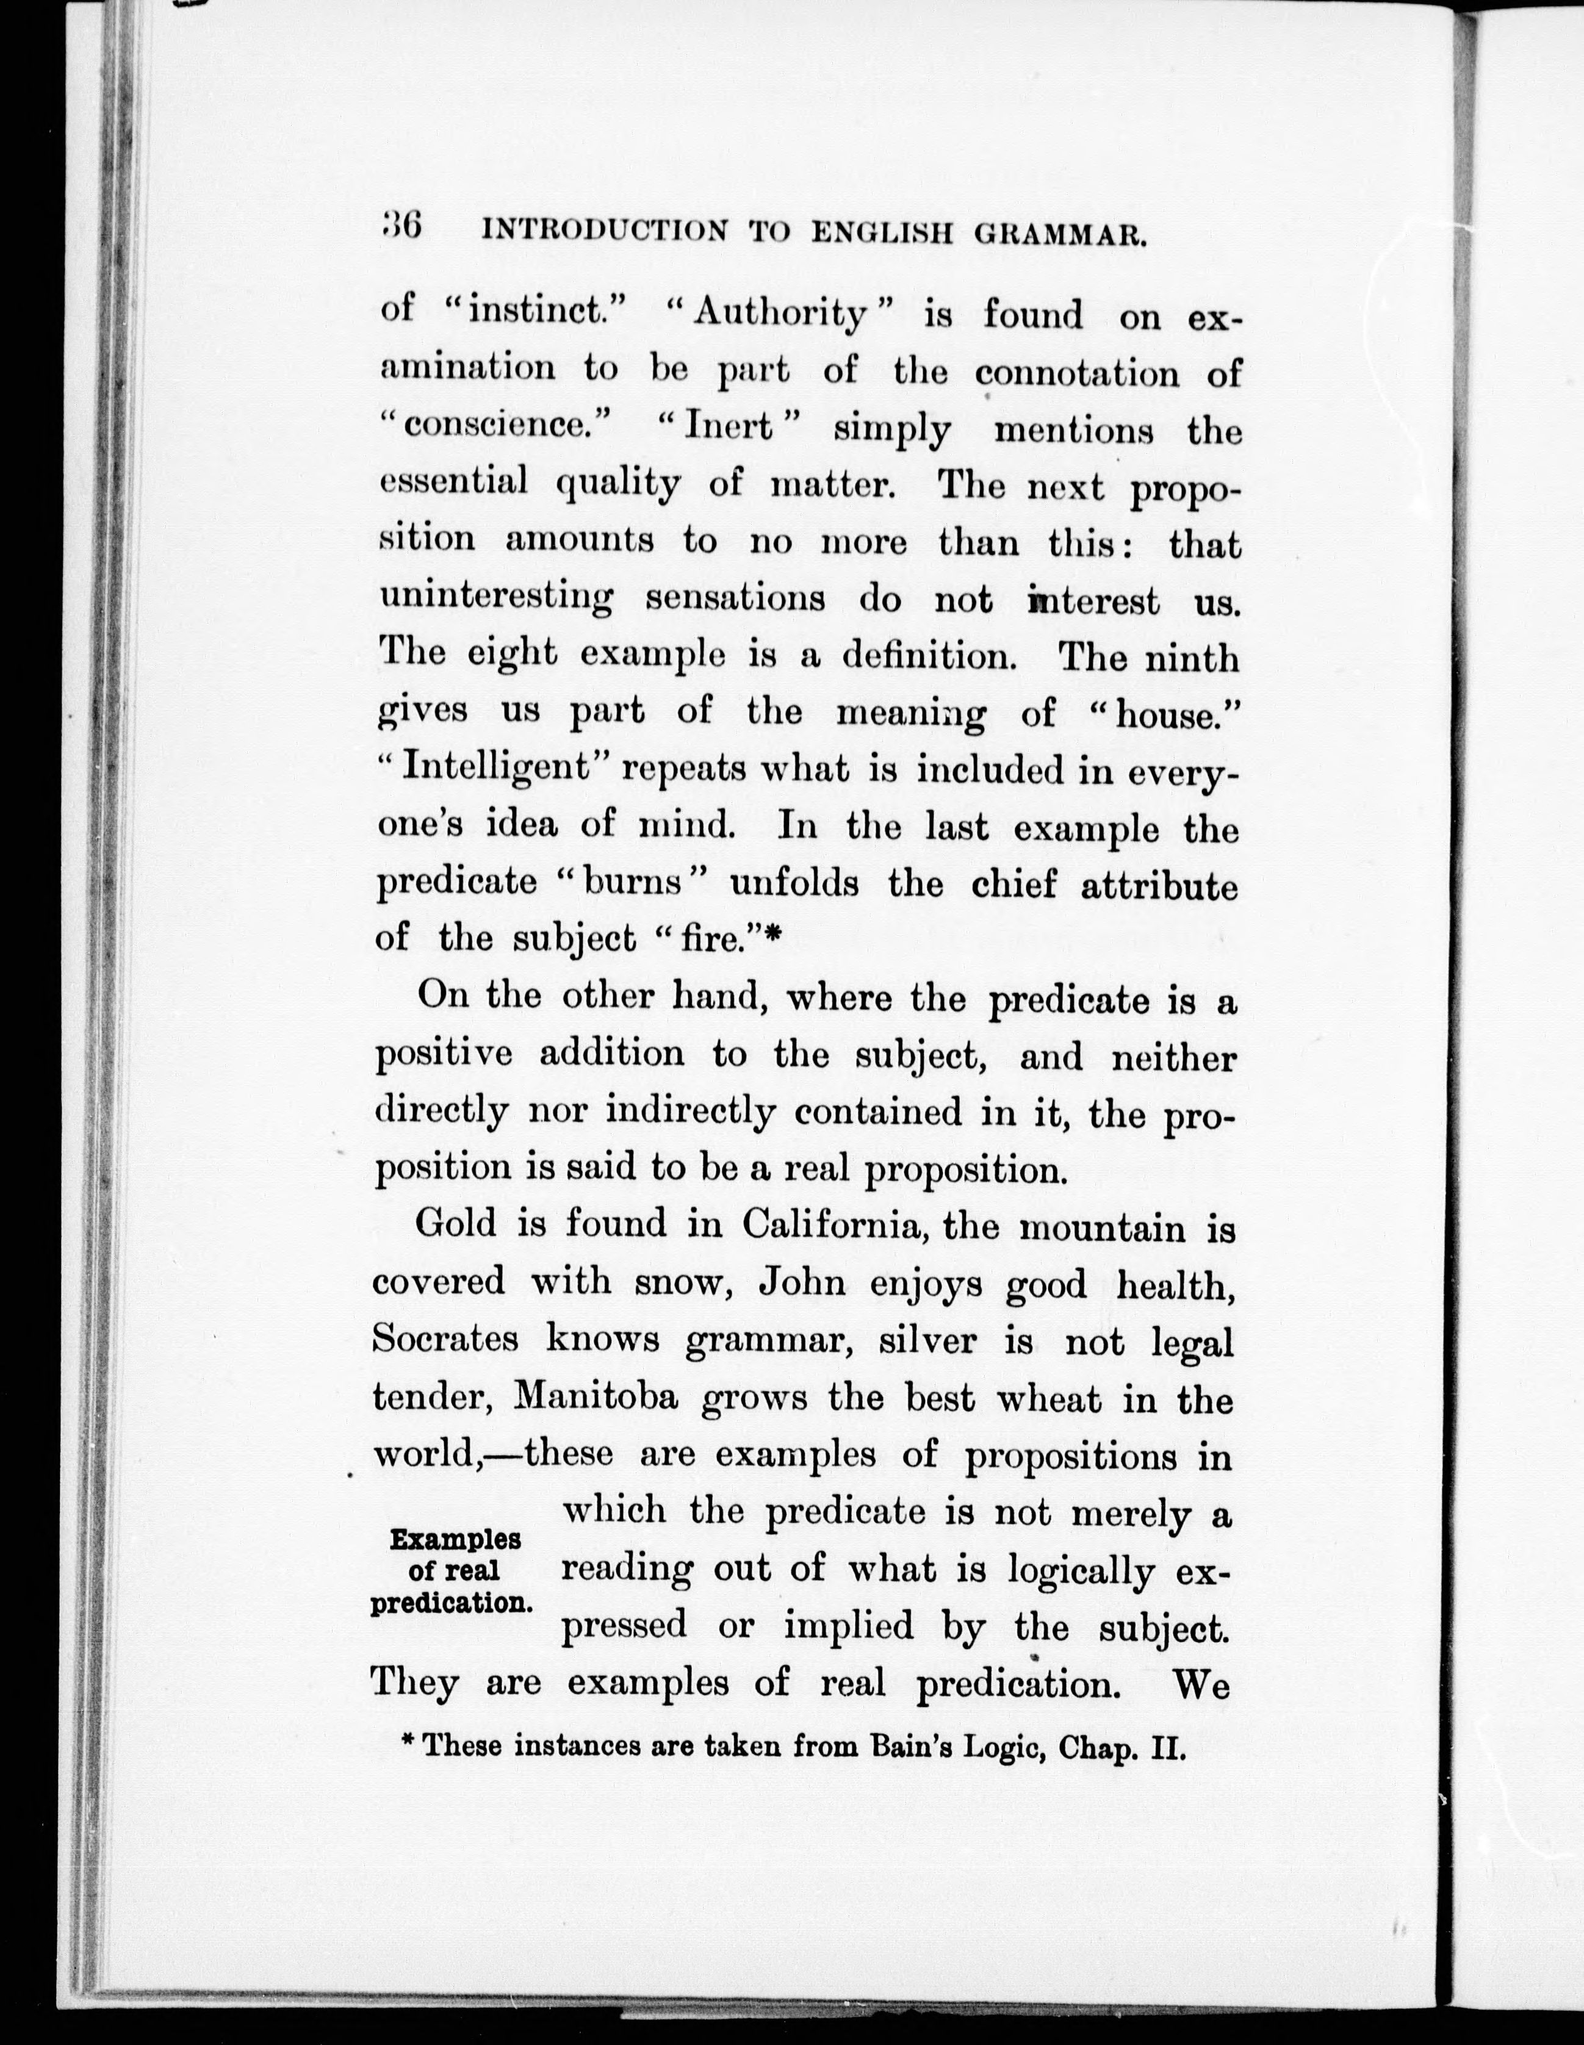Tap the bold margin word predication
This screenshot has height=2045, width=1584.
point(452,1602)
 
